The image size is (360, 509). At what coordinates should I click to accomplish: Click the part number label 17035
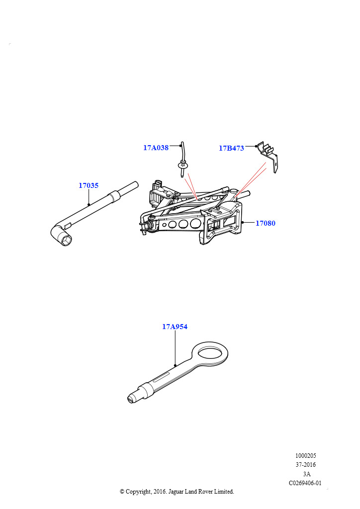[x=89, y=185]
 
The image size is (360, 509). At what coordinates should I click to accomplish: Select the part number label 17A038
[x=156, y=148]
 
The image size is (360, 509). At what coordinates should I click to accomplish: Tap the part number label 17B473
[x=231, y=148]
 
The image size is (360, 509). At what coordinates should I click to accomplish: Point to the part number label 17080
[x=265, y=223]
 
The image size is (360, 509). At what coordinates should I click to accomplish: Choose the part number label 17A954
[x=175, y=327]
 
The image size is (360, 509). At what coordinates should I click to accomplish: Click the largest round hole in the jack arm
[x=195, y=223]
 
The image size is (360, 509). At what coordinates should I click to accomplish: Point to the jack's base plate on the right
[x=224, y=224]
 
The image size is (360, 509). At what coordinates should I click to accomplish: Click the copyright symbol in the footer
[x=122, y=492]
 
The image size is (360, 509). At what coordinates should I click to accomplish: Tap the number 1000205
[x=305, y=455]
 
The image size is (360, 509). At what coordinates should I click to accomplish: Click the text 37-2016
[x=305, y=465]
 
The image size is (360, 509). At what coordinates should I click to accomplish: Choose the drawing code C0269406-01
[x=305, y=483]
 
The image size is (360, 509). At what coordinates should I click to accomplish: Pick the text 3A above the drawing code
[x=306, y=474]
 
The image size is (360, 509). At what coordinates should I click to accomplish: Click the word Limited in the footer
[x=224, y=492]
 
